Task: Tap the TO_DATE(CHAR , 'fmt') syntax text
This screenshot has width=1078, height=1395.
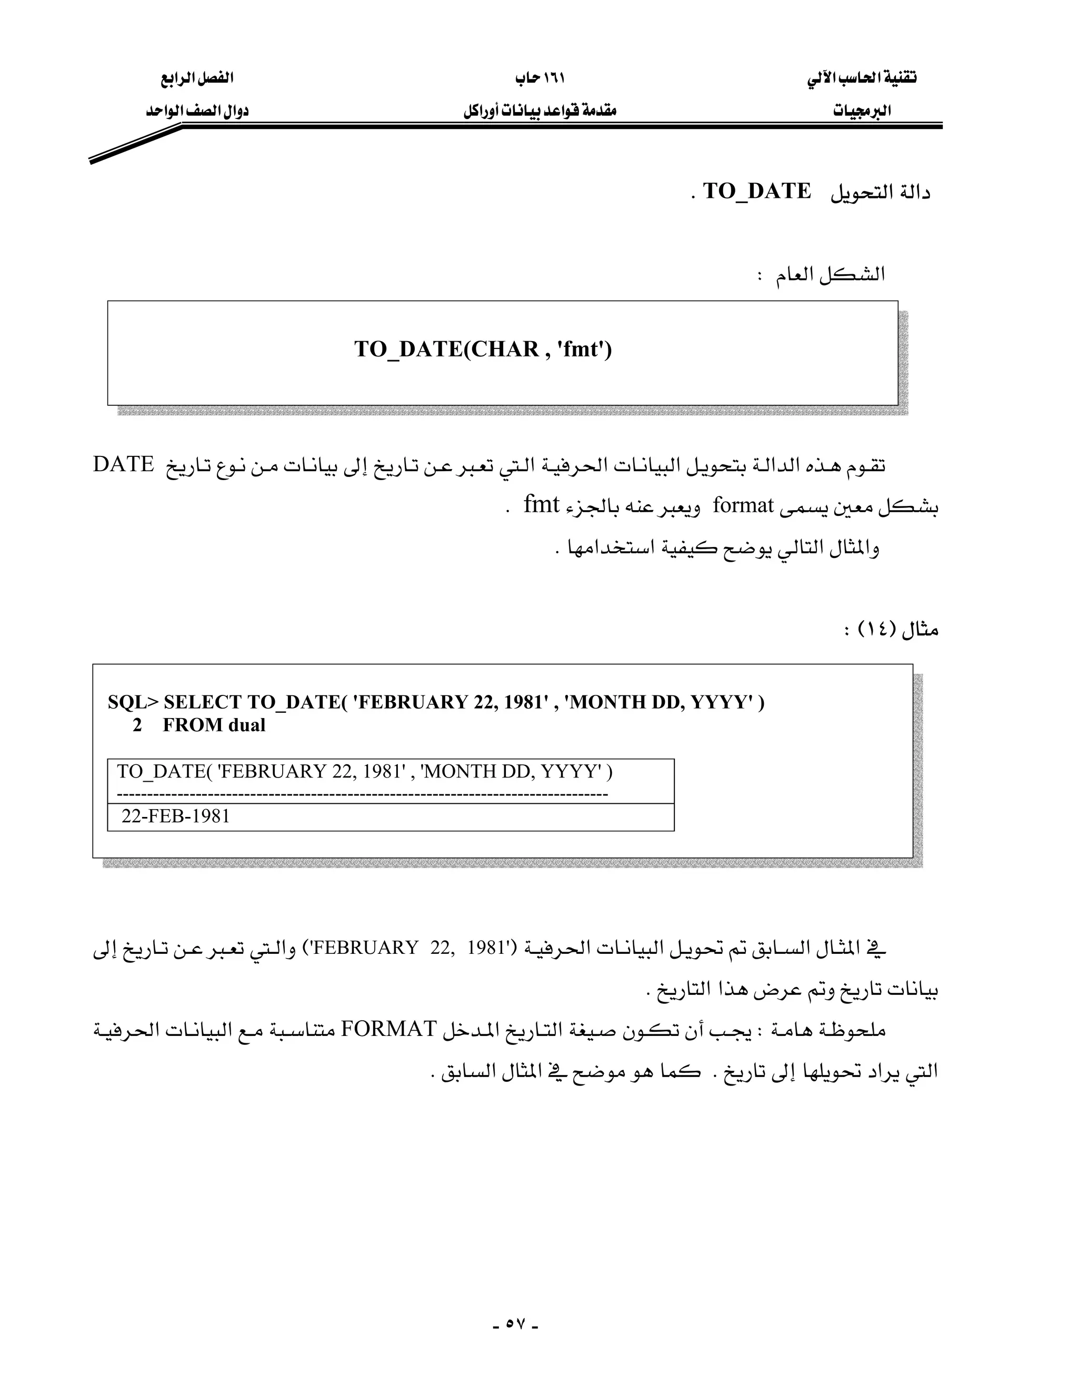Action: [483, 350]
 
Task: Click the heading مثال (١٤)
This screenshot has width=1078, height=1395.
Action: [891, 629]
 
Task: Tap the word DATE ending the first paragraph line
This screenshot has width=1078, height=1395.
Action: [123, 464]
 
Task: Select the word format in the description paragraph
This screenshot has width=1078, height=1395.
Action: [743, 506]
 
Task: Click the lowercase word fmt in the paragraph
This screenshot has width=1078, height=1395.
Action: [542, 505]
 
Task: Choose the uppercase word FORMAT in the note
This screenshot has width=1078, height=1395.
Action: [389, 1029]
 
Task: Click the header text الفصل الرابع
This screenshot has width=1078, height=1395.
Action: [197, 78]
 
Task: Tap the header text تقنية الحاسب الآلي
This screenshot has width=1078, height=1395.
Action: [862, 78]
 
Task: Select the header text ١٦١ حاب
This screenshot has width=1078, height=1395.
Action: [540, 78]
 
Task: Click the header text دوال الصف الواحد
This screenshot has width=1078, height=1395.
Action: [197, 111]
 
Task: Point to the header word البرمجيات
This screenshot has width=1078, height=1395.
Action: [862, 111]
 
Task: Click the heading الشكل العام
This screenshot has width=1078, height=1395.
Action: [830, 275]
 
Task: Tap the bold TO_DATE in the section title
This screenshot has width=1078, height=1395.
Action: [757, 191]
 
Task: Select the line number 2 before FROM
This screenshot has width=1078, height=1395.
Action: [137, 725]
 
